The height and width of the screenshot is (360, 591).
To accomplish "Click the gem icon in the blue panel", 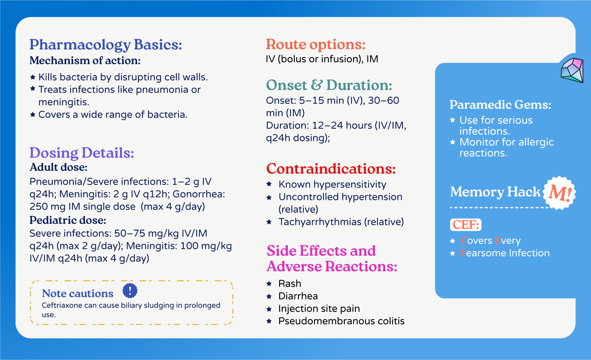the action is (572, 70).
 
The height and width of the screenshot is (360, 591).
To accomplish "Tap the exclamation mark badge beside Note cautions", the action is (130, 291).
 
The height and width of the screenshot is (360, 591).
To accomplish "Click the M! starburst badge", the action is (559, 193).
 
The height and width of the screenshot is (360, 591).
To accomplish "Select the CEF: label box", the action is (466, 224).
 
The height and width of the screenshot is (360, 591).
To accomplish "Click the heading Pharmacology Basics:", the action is (105, 45).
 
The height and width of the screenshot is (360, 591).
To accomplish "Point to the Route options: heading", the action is (316, 44).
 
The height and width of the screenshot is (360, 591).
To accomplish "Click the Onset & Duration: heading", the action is (329, 85).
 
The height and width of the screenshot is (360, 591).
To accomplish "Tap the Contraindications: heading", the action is (331, 169).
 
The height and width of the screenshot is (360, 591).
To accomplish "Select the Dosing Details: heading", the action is (82, 153).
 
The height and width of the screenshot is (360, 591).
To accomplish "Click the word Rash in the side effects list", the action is (290, 283).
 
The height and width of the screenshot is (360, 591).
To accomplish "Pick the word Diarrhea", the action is (298, 296).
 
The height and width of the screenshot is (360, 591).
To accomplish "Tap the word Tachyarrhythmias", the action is (320, 222).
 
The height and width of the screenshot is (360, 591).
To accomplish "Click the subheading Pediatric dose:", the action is (68, 220).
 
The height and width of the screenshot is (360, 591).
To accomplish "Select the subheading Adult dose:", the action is (58, 167).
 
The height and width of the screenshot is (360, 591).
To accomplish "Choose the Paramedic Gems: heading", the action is (500, 105).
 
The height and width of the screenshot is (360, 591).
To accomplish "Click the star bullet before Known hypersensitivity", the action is (269, 184).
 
